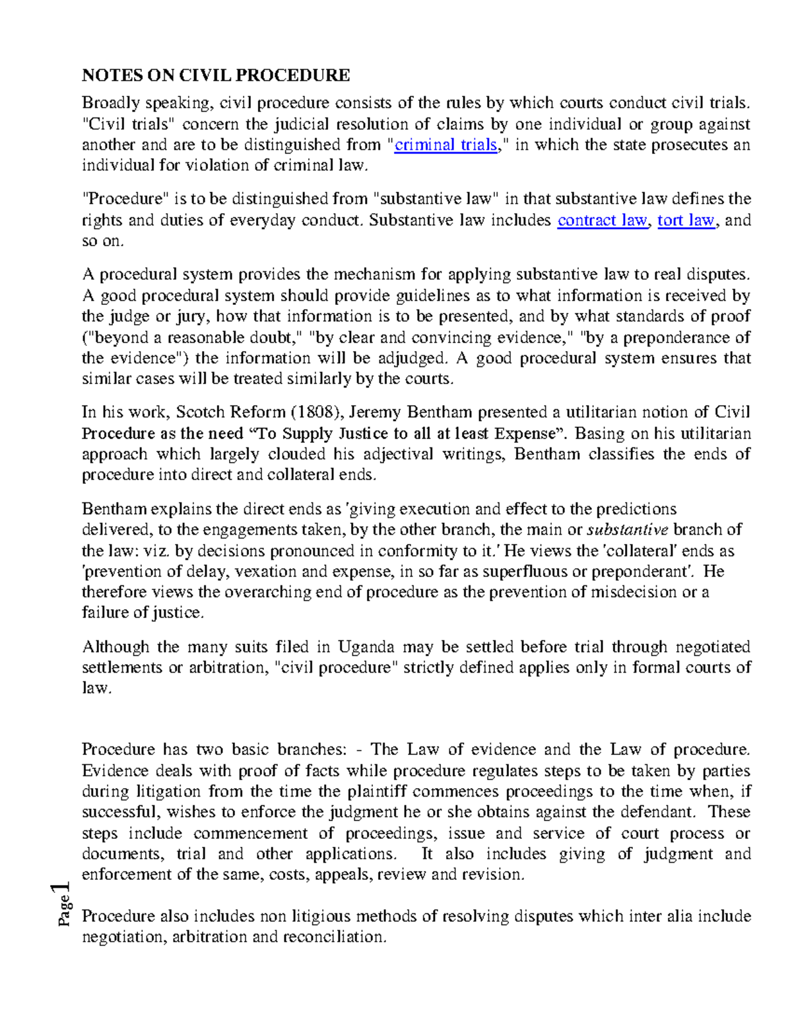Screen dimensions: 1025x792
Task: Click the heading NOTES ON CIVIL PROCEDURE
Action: [215, 75]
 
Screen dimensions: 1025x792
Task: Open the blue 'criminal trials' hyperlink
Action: [445, 145]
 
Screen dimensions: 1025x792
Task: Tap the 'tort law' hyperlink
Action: [686, 220]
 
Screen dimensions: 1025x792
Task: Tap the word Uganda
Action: [366, 647]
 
